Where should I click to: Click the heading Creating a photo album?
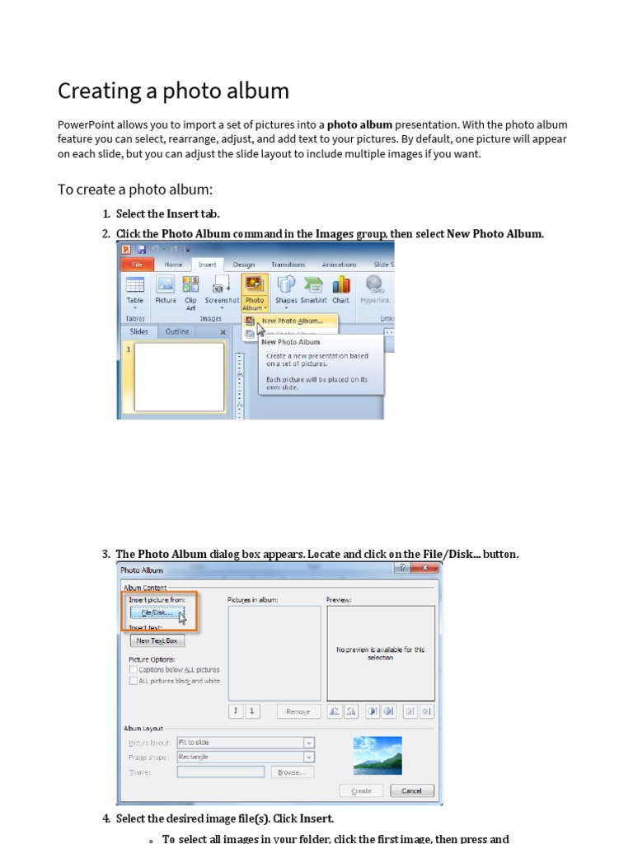tap(173, 91)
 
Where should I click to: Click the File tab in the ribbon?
tap(137, 265)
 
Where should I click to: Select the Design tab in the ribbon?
tap(243, 265)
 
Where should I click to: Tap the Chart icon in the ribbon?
tap(340, 290)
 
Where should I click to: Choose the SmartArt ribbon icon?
tap(313, 290)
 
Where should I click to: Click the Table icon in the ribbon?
tap(134, 290)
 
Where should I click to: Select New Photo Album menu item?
tap(291, 321)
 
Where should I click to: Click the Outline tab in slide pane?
tap(177, 331)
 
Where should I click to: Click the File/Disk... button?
tap(156, 613)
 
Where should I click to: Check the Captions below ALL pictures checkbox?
tap(134, 670)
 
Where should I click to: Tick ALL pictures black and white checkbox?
tap(134, 681)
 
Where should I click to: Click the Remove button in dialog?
tap(298, 711)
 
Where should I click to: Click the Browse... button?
tap(292, 772)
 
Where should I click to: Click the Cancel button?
tap(411, 790)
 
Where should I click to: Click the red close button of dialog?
tap(424, 569)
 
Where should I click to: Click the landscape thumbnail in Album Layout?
tap(377, 755)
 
